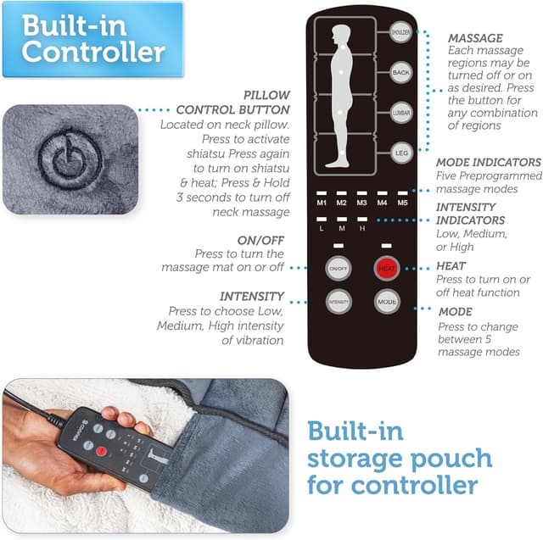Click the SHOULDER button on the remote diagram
pyautogui.click(x=400, y=32)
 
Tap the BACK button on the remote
pyautogui.click(x=400, y=73)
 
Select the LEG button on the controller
pyautogui.click(x=400, y=153)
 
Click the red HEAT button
pyautogui.click(x=387, y=269)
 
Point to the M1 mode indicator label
pyautogui.click(x=322, y=203)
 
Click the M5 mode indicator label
pyautogui.click(x=402, y=203)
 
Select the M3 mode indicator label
pyautogui.click(x=362, y=203)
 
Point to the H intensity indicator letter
pyautogui.click(x=362, y=229)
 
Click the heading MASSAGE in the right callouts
pyautogui.click(x=475, y=38)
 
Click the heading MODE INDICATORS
pyautogui.click(x=488, y=162)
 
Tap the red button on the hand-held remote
pyautogui.click(x=102, y=448)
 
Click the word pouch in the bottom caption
pyautogui.click(x=445, y=458)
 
